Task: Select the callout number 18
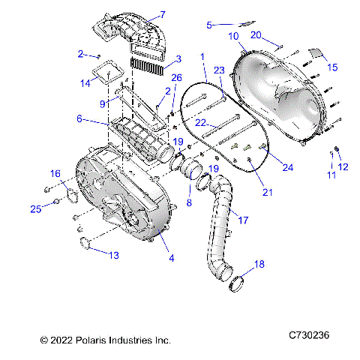pos(259,265)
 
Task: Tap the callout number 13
pos(113,255)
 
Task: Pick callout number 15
pos(332,67)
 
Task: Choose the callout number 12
pos(344,166)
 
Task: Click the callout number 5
pos(209,25)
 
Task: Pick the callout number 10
pos(234,36)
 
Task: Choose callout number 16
pos(55,173)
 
